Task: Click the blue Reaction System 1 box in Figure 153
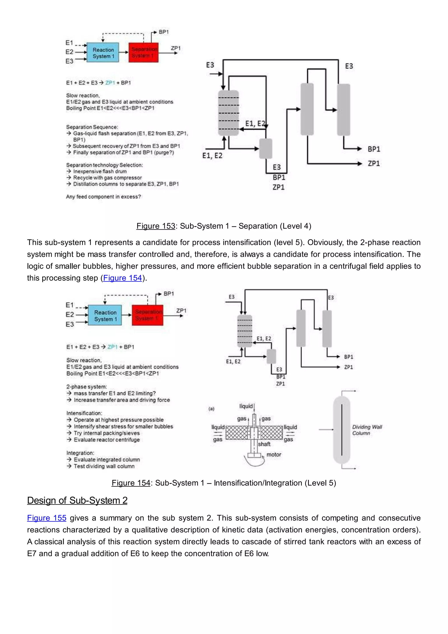103,53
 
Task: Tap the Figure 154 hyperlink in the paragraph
122,278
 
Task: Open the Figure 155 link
47,518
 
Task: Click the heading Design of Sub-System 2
77,500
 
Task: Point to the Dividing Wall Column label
367,430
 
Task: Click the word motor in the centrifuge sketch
274,454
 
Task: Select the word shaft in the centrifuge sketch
264,444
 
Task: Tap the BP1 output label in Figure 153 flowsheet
374,149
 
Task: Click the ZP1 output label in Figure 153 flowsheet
374,164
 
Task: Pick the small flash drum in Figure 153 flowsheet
266,149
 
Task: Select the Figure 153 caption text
224,226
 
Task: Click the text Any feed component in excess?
103,197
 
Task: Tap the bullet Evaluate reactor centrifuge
107,440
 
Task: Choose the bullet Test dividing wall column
104,466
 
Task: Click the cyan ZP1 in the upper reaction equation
110,83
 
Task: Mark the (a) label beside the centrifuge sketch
211,409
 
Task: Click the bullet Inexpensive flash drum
100,171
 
